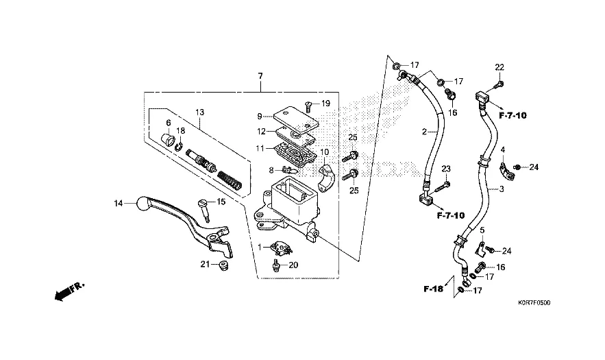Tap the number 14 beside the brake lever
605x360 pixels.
click(x=118, y=203)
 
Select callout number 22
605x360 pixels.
click(x=499, y=67)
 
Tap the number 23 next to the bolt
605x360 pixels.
click(x=445, y=169)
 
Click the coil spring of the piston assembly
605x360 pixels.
click(x=230, y=182)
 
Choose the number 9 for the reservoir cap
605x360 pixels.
click(x=260, y=116)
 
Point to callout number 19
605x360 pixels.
click(x=326, y=104)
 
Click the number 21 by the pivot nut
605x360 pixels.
click(x=204, y=265)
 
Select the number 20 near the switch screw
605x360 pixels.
click(x=293, y=265)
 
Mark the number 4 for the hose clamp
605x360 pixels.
click(x=503, y=149)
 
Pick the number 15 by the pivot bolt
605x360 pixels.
click(x=221, y=202)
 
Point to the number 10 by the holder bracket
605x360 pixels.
click(x=325, y=152)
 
